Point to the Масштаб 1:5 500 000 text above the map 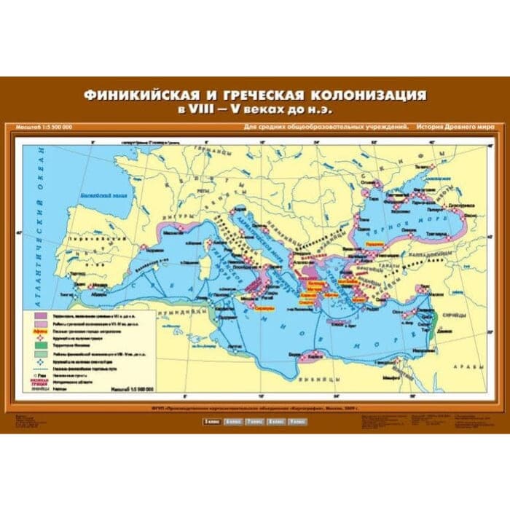click(43, 128)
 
